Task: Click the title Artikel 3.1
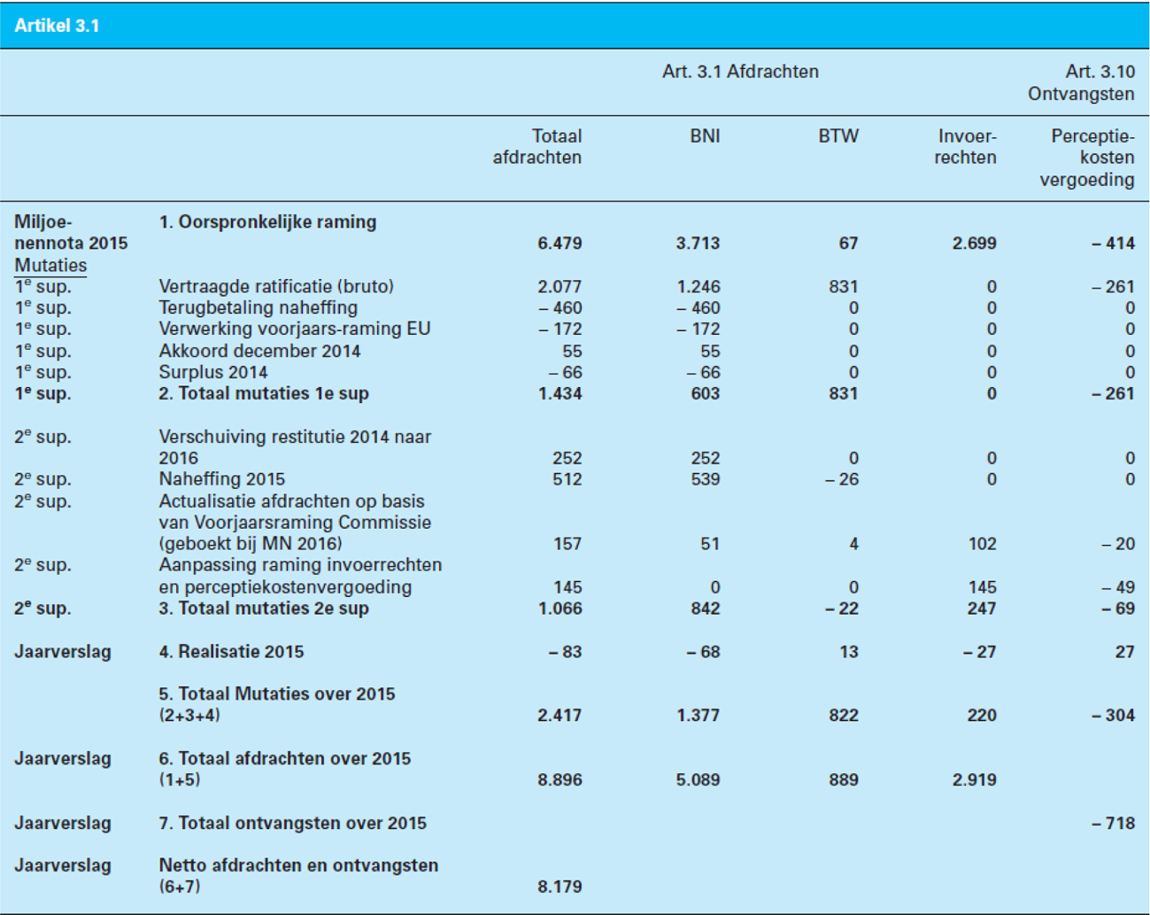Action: tap(57, 26)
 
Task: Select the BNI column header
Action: tap(705, 136)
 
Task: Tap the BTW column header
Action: tap(837, 136)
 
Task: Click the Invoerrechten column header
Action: tap(966, 147)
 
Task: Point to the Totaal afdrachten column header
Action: tap(537, 147)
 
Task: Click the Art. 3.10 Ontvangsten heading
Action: tap(1081, 82)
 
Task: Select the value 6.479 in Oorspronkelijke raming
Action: tap(560, 244)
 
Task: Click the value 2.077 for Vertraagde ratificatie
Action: tap(560, 287)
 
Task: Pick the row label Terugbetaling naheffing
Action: tap(258, 308)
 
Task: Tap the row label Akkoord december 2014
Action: tap(259, 351)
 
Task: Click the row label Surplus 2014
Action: tap(212, 372)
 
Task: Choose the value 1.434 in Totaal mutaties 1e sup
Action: tap(560, 393)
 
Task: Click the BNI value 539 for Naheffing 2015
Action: tap(705, 479)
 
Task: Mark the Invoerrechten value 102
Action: tap(982, 544)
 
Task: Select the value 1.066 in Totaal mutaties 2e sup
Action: tap(560, 609)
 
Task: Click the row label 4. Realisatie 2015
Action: tap(231, 652)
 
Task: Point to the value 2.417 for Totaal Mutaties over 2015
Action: tap(560, 716)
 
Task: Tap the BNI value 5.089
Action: tap(698, 780)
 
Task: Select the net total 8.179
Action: tap(560, 887)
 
